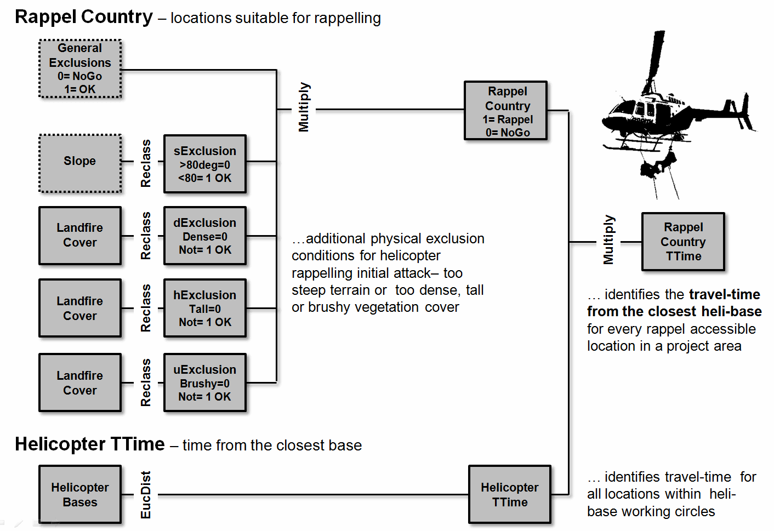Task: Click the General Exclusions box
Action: click(80, 69)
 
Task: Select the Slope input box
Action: click(80, 163)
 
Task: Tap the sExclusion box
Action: click(204, 164)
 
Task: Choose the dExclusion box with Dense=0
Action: click(204, 236)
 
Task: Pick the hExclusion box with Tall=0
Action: click(204, 308)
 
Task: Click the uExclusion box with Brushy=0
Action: click(204, 382)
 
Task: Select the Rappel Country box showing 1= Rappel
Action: click(505, 111)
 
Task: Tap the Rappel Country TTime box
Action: click(683, 242)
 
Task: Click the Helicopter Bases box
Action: click(80, 495)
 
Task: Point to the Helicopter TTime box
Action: click(509, 495)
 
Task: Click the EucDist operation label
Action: click(146, 495)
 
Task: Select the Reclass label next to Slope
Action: click(146, 163)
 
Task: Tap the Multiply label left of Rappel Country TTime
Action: click(609, 240)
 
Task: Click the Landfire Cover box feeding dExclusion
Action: click(80, 236)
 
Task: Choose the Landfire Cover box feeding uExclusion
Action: click(80, 382)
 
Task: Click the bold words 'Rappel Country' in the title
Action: click(84, 17)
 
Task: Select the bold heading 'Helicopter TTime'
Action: click(90, 444)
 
